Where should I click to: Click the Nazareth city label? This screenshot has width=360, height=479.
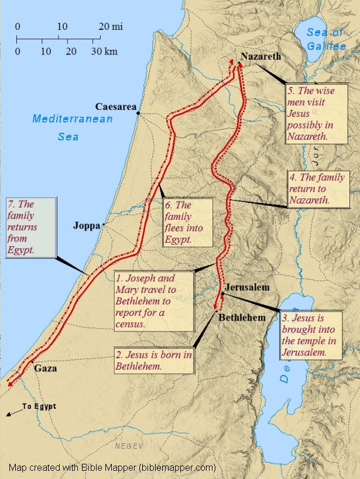point(260,57)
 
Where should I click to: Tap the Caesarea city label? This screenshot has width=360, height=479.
point(116,106)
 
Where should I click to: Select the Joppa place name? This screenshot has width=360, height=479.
point(87,226)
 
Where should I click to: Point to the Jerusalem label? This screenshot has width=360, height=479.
point(248,287)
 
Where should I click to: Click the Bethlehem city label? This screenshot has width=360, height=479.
point(242,318)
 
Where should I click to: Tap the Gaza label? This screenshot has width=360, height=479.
point(46,369)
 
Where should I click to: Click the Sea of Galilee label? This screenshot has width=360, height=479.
point(327,39)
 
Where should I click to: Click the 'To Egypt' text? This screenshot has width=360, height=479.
point(39,406)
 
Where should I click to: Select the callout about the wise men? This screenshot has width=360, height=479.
point(316,113)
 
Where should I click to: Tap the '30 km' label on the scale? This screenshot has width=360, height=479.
point(104,51)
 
